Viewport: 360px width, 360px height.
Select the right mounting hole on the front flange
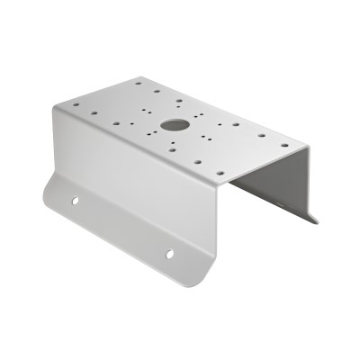coord(168,255)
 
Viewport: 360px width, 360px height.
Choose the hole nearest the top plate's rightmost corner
coord(285,145)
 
